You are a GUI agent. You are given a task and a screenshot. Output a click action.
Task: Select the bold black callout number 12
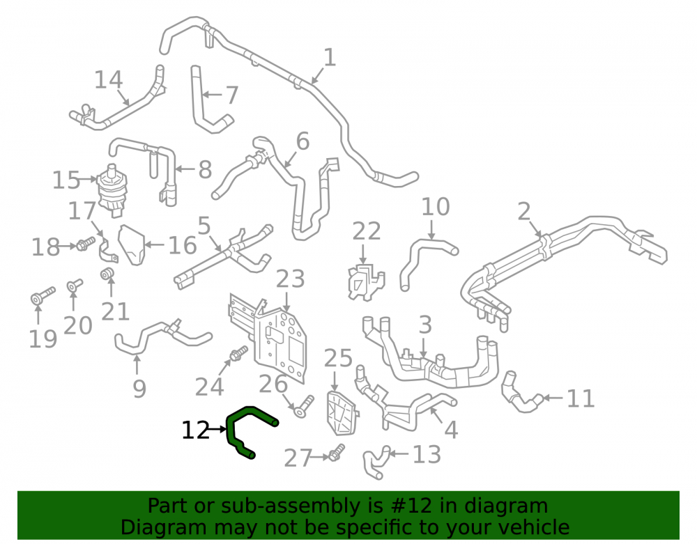(195, 430)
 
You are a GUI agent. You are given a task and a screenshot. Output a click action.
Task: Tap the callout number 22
(367, 231)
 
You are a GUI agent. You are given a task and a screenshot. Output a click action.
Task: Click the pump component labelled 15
(112, 191)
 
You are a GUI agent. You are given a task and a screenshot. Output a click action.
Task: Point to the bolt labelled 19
(43, 295)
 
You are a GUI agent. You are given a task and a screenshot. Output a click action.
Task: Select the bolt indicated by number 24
(238, 353)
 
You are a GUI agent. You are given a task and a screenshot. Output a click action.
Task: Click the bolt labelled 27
(336, 453)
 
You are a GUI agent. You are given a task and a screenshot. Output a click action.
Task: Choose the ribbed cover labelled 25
(342, 413)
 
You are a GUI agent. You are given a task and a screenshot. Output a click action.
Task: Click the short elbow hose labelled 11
(520, 393)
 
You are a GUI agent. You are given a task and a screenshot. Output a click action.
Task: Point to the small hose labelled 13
(376, 462)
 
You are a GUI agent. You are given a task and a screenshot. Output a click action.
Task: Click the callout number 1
(329, 58)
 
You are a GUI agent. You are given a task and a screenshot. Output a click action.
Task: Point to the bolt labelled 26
(305, 406)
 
